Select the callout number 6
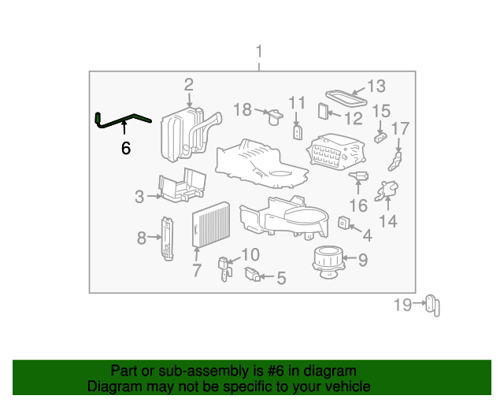pos(126,148)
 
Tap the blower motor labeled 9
pos(328,262)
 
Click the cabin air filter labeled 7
pos(211,224)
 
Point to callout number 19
pos(402,305)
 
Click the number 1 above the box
pos(259,51)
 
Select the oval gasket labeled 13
pos(346,98)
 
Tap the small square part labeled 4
pos(343,223)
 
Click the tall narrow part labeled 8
pos(168,238)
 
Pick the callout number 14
pos(388,221)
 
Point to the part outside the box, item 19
pos(432,305)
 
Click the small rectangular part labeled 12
pos(324,111)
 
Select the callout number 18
pos(243,109)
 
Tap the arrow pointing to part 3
pos(154,196)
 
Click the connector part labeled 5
pos(252,274)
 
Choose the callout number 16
pos(358,205)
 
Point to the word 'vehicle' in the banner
pos(346,386)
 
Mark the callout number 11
pos(296,103)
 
